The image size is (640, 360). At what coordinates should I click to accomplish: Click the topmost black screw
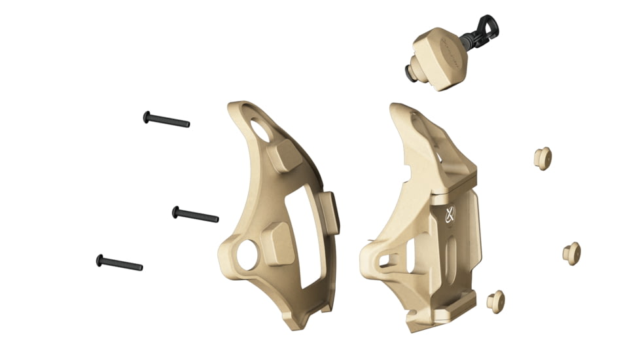point(166,119)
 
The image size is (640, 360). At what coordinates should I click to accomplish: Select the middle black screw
point(195,214)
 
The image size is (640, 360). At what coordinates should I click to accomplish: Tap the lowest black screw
point(119,263)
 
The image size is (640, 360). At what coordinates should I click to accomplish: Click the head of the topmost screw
point(147,117)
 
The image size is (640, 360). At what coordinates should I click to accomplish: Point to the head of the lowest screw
point(99,260)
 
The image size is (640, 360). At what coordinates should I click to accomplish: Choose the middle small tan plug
point(571,253)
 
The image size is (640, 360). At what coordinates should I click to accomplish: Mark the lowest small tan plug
point(496,301)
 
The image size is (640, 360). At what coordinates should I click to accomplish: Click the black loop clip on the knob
point(485,29)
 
